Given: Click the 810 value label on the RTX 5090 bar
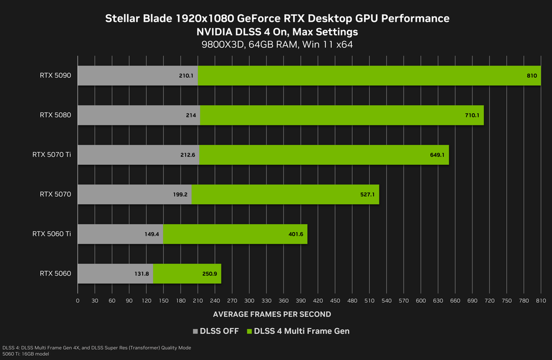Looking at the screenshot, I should pos(531,75).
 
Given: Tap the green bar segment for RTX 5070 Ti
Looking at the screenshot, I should pos(324,154).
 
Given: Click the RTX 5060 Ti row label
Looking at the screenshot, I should pos(52,234).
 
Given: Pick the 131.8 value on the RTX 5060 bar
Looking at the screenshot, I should pos(141,273).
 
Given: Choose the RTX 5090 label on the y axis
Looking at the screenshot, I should pos(55,75).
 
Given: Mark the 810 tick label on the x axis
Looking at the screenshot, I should pos(540,300).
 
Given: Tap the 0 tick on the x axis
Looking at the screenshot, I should pos(78,300).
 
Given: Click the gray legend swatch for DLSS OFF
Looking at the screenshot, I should pos(196,331).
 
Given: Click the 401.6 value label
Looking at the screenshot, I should pos(295,234).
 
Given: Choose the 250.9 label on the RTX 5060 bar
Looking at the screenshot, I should pos(209,273).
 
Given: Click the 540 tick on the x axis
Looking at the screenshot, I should pos(386,300).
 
